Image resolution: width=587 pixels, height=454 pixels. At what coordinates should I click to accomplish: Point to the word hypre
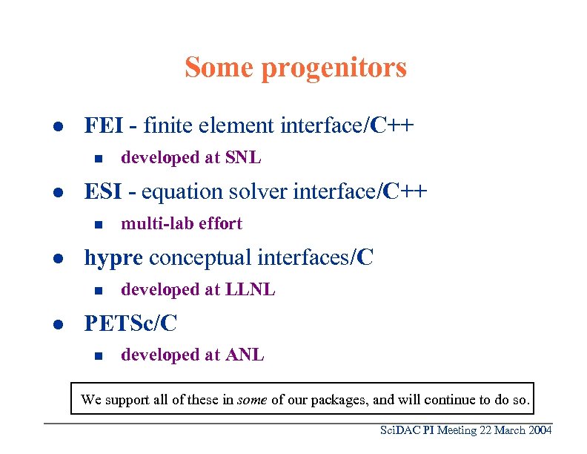pos(113,257)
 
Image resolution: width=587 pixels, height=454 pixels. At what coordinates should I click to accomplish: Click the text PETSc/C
pos(130,323)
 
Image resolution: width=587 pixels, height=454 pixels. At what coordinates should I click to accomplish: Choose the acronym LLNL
pos(250,290)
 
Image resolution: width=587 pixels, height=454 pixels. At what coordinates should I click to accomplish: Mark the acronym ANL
pos(244,355)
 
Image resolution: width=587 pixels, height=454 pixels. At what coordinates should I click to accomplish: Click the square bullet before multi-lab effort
pos(96,224)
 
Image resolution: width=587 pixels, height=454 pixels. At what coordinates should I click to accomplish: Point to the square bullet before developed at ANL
pos(96,356)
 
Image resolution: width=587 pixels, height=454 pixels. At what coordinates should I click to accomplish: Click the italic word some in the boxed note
pos(252,400)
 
